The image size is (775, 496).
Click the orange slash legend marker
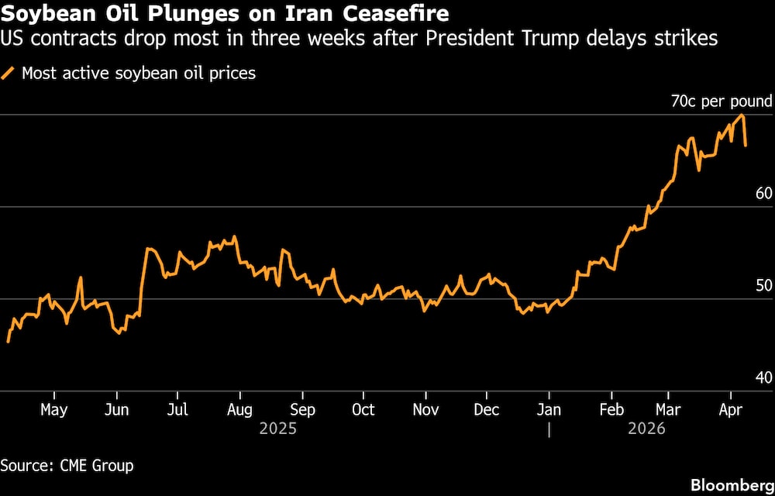(9, 74)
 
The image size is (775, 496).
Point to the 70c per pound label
(722, 101)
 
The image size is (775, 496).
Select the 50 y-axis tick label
(763, 285)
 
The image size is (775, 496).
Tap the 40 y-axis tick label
(763, 377)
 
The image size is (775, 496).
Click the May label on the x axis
(53, 409)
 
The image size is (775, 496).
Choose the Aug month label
(239, 409)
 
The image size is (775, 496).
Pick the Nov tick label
(425, 409)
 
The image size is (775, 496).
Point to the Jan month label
(549, 409)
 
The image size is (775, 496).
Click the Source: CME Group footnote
(67, 466)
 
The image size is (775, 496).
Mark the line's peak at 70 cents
(742, 115)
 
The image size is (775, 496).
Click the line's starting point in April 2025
(8, 341)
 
